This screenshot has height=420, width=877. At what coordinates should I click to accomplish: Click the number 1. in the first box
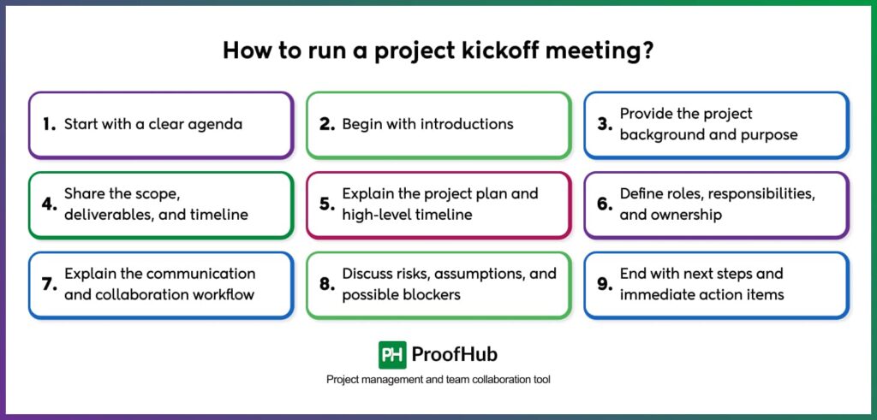point(49,124)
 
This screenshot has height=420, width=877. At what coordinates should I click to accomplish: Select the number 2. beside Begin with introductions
point(326,124)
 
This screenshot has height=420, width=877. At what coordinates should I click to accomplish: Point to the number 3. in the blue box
point(605,124)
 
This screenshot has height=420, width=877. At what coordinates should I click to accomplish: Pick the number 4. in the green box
point(49,204)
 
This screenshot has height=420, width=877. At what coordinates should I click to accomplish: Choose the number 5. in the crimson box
point(326,204)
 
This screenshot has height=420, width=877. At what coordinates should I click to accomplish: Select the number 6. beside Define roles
point(605,204)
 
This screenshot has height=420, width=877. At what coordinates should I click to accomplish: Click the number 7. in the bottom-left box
point(49,284)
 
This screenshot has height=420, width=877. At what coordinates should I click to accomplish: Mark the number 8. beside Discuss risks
point(326,284)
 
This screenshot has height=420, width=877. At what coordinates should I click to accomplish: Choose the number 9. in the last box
point(605,284)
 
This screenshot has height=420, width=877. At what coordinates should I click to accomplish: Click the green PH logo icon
point(392,355)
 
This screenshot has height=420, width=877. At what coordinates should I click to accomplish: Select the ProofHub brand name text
point(455,355)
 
